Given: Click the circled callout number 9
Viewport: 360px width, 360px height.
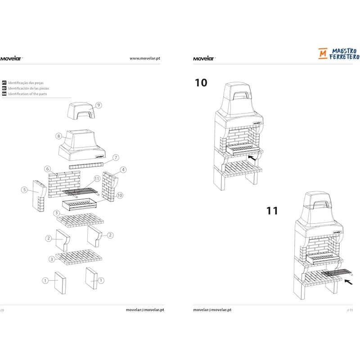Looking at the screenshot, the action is [x=99, y=105].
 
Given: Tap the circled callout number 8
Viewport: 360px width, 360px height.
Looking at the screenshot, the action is [x=59, y=136].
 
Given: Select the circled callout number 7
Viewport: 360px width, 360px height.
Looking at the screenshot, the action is [x=116, y=158].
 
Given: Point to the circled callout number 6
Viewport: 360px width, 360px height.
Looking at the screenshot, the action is [x=48, y=169].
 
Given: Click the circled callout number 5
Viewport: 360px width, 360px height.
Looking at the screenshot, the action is [x=24, y=190].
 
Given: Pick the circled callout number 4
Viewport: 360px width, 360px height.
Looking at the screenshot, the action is [x=123, y=170].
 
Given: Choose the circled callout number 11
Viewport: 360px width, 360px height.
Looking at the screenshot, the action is [x=97, y=179].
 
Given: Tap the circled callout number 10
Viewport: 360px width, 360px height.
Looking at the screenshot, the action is [x=120, y=195].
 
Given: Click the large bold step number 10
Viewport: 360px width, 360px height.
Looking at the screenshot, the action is [x=201, y=83].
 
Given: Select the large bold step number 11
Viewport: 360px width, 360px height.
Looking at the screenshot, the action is [x=272, y=211].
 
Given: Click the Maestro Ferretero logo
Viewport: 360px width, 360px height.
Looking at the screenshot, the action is [x=339, y=54].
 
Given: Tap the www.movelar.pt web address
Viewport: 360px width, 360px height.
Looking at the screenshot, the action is [x=145, y=58].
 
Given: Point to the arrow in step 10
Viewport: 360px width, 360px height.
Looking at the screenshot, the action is [x=252, y=158].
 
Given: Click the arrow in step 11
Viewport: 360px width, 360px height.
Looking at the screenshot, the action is [x=348, y=282].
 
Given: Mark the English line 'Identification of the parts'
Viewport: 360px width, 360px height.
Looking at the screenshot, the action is [x=27, y=94].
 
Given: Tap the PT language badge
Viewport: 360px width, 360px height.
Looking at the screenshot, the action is [x=4, y=83].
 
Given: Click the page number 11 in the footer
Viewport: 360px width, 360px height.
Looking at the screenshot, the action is [x=350, y=310].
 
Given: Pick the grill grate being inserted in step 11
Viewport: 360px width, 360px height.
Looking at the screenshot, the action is [x=337, y=274].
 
